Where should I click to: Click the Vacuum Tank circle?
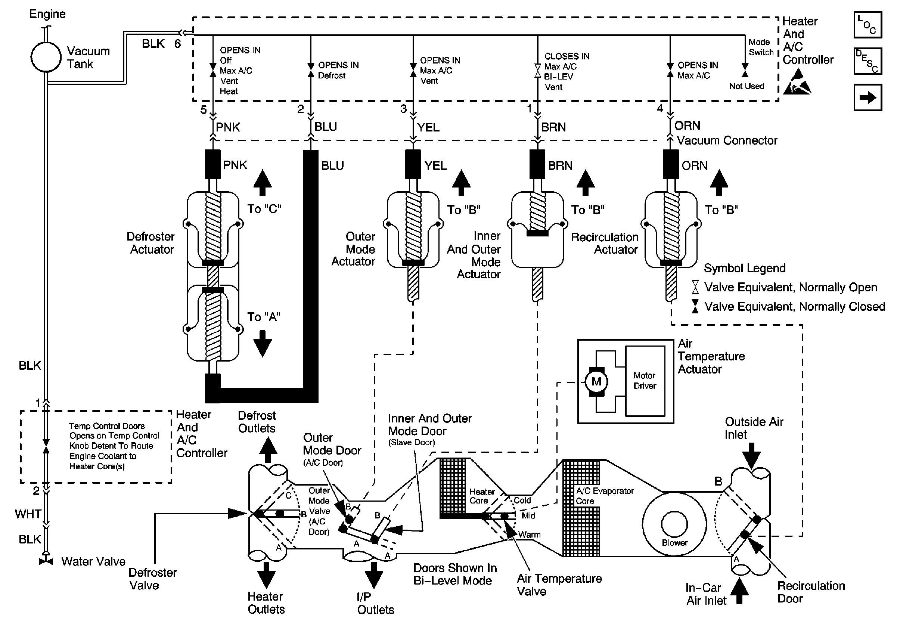(46, 57)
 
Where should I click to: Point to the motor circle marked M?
(596, 381)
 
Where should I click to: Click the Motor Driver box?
(645, 381)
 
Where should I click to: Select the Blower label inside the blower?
(675, 543)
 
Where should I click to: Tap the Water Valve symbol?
(46, 561)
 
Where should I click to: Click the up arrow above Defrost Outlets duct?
(268, 450)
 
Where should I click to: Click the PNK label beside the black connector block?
(235, 165)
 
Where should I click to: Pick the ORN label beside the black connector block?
(694, 165)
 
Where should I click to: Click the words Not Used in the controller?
(746, 86)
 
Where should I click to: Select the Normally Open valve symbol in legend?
(695, 287)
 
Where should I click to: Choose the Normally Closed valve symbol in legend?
(695, 306)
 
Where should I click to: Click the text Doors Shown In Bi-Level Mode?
(455, 574)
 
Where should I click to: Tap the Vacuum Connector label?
(727, 141)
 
